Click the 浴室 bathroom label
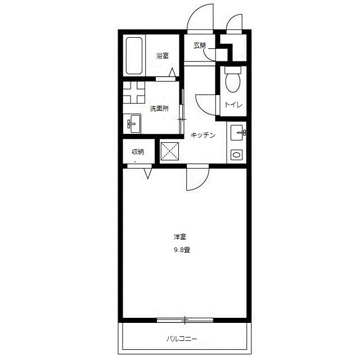point(163,56)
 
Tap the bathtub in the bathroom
point(134,56)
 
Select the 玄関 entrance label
point(200,46)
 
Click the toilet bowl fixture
point(233,80)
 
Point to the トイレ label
point(233,105)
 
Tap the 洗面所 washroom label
point(159,109)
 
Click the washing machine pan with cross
point(134,92)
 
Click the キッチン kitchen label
point(203,135)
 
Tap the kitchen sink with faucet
point(238,133)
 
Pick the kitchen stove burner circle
point(236,155)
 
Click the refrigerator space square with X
point(170,151)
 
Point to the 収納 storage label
point(138,152)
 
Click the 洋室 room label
point(180,237)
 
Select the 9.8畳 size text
point(182,250)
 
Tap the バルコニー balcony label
point(182,339)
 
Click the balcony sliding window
point(185,320)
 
